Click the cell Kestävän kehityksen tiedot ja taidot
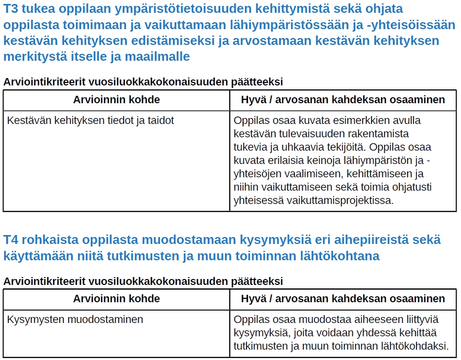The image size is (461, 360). [90, 120]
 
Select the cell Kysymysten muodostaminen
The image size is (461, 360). [75, 320]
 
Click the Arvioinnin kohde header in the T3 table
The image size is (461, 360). [117, 100]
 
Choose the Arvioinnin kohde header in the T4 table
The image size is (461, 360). [117, 299]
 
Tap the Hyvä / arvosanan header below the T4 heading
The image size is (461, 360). [343, 299]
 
